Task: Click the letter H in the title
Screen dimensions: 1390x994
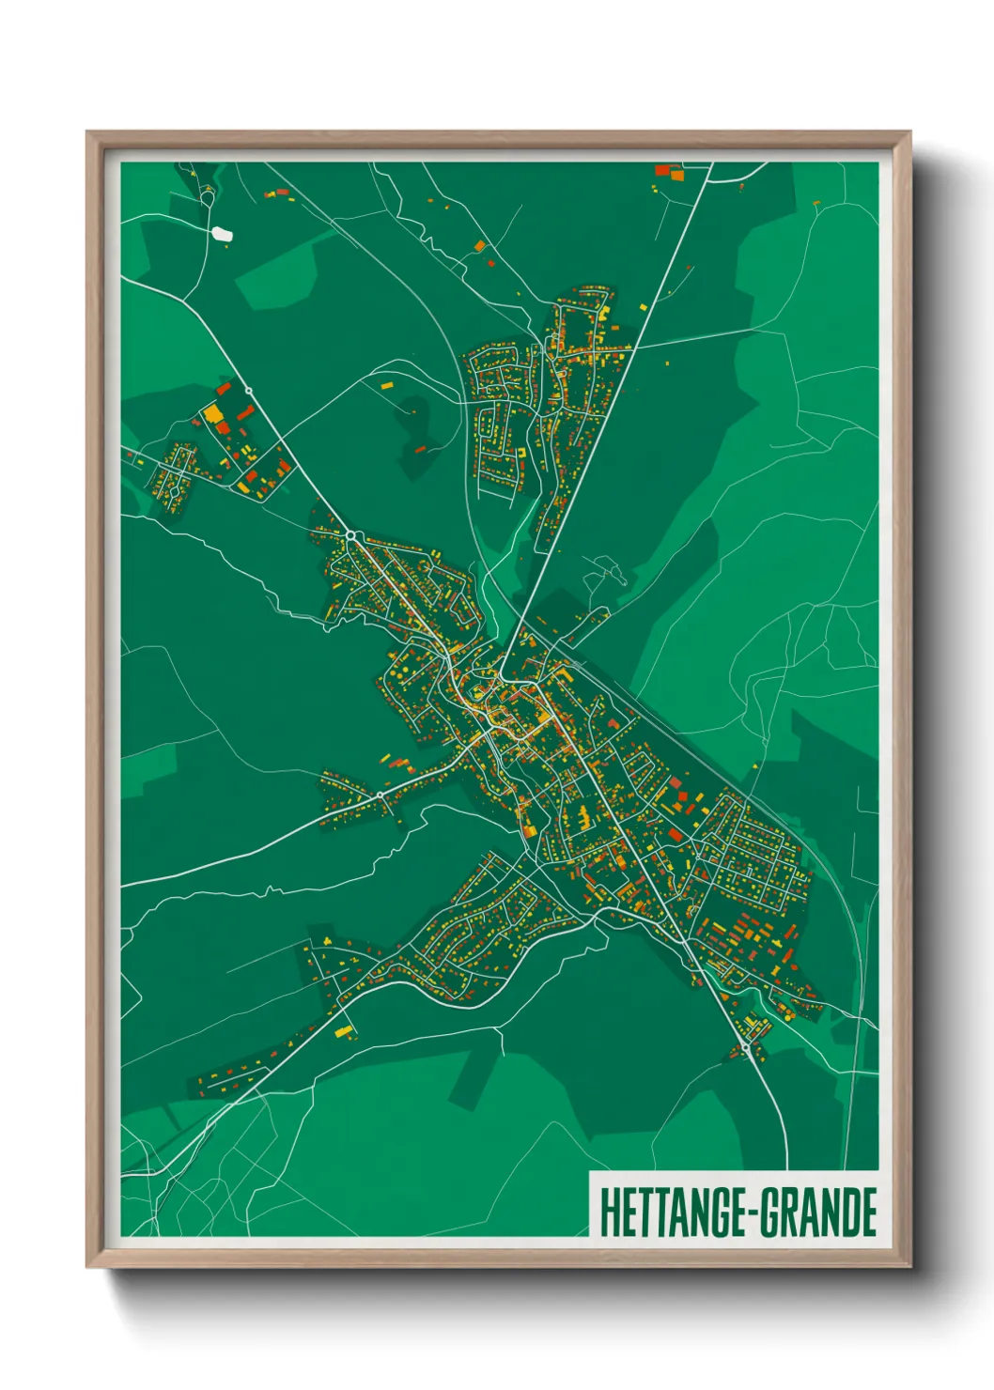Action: click(610, 1212)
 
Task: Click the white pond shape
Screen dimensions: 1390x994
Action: click(223, 234)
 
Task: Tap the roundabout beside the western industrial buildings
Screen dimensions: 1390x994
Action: click(249, 390)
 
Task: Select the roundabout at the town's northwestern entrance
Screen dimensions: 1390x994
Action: click(351, 535)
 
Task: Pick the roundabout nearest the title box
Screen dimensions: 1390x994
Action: click(745, 1045)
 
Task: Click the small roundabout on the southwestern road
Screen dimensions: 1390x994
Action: click(380, 795)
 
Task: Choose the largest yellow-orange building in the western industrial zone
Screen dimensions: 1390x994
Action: click(213, 414)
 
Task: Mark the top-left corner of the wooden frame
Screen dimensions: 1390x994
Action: click(88, 133)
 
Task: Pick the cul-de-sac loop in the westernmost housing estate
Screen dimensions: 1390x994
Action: click(175, 491)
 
